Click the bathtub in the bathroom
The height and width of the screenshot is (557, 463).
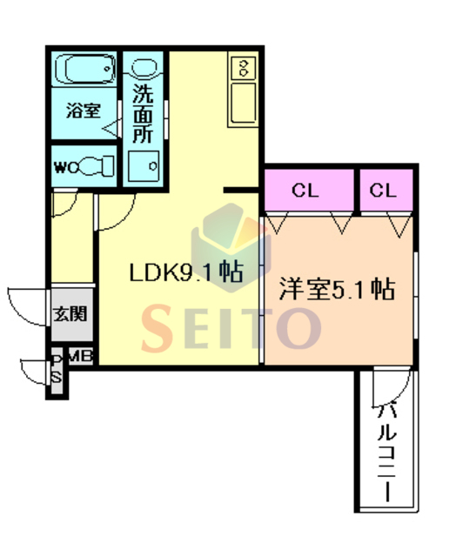tap(85, 69)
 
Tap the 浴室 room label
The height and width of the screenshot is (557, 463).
tap(84, 111)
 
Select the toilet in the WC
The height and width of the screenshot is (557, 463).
tap(96, 165)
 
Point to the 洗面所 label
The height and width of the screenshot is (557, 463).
tap(143, 113)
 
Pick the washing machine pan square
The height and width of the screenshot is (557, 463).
tap(144, 166)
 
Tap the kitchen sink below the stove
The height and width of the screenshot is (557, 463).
tap(244, 103)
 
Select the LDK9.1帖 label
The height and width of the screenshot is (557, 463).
tap(186, 272)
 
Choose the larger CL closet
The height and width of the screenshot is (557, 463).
tap(309, 191)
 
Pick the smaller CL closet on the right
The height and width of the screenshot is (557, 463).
tap(386, 191)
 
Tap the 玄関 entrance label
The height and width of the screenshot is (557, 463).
tap(70, 314)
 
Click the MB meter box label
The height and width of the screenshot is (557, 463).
tap(81, 356)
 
